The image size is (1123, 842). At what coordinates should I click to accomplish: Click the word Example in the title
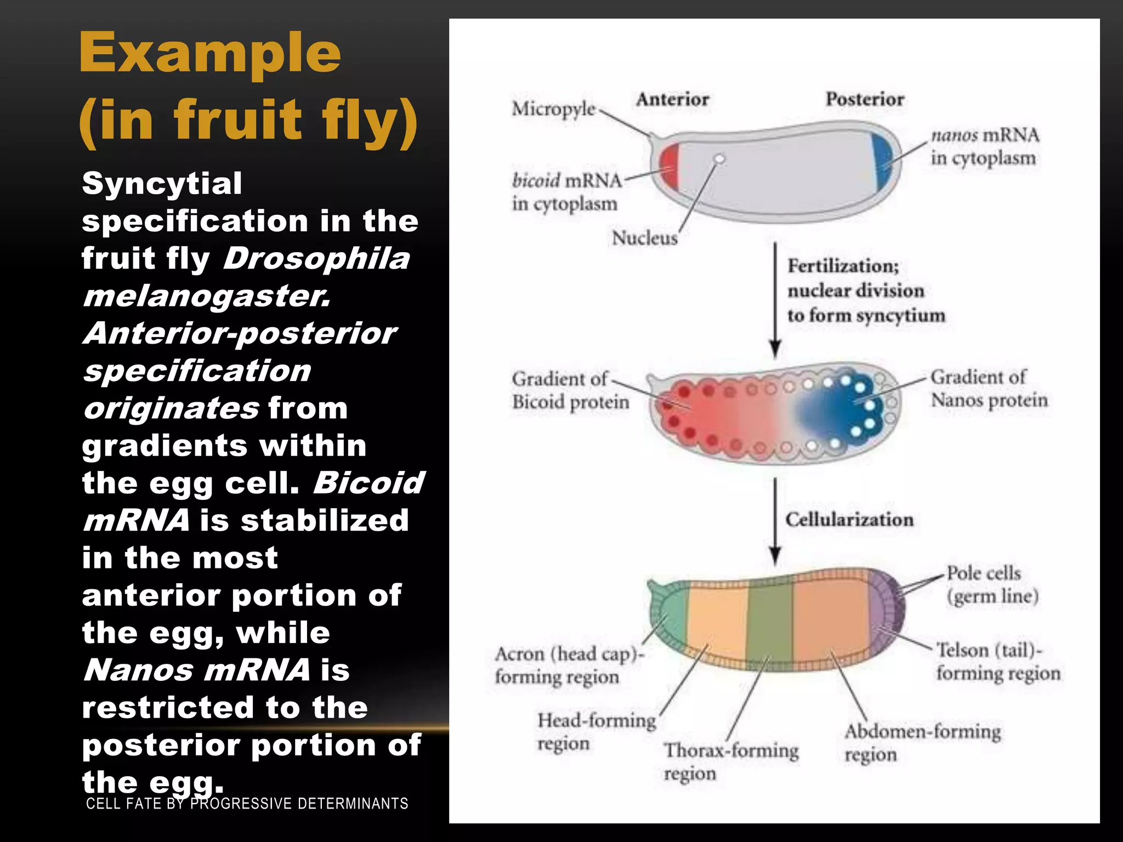pos(210,53)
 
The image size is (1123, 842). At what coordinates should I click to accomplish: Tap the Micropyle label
pos(553,109)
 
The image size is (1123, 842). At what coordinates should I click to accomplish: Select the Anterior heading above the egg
pos(672,99)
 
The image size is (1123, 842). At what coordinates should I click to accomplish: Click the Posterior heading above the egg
pos(865,99)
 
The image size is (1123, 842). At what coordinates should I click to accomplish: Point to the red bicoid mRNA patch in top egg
pos(670,166)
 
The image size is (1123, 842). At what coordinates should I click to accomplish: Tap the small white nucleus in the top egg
pos(719,159)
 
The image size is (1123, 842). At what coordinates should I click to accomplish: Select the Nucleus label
pos(644,238)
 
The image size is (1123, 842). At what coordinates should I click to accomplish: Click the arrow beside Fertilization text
pos(775,299)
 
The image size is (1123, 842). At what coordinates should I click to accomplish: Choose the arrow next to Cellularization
pos(775,521)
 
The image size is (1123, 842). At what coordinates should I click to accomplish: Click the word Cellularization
pos(849,519)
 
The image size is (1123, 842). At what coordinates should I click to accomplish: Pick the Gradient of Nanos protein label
pos(988,388)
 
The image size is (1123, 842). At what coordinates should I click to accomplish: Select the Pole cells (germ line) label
pos(991,584)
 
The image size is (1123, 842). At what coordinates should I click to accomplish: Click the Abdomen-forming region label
pos(922,743)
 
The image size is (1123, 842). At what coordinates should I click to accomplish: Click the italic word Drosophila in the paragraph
pos(316,258)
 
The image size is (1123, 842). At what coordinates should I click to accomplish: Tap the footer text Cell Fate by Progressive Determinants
pos(247,804)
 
